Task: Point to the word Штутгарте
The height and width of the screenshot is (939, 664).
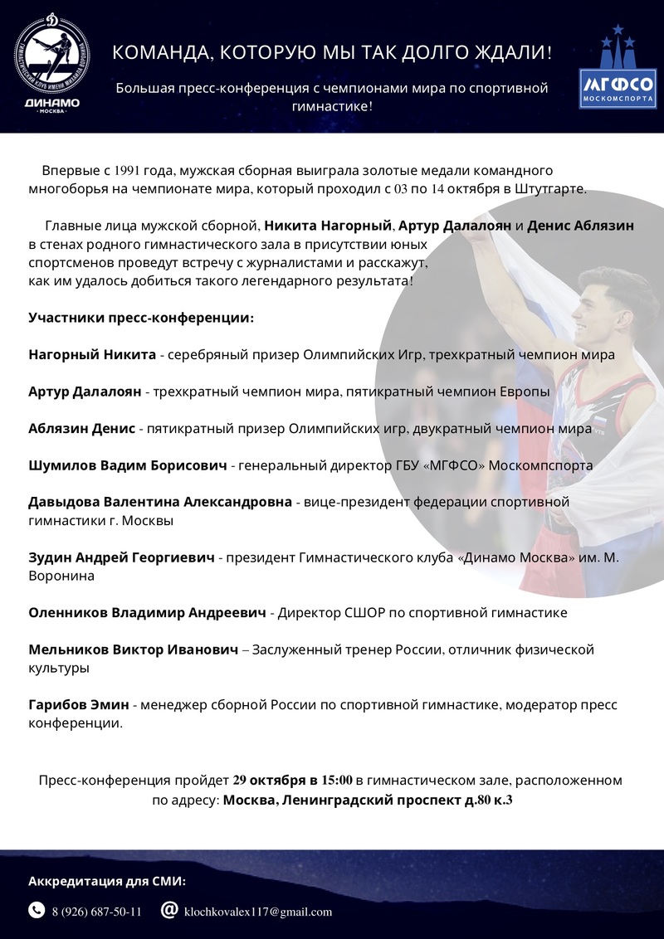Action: pos(555,188)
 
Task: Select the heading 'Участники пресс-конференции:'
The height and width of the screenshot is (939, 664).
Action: pos(141,318)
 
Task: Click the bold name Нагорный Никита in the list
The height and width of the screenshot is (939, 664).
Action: pos(92,355)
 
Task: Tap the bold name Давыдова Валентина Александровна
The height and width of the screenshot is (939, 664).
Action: pos(160,502)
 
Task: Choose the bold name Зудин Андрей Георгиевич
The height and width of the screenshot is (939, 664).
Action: pos(121,557)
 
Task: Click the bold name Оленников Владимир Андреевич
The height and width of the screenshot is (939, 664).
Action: pos(147,613)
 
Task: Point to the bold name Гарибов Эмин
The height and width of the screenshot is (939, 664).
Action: pos(79,705)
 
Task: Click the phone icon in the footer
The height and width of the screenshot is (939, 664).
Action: pos(37,910)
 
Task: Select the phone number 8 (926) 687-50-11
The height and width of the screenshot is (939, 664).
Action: pos(96,911)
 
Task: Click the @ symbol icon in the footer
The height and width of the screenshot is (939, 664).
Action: pos(169,910)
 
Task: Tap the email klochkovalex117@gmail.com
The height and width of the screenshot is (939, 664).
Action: pos(258,911)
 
